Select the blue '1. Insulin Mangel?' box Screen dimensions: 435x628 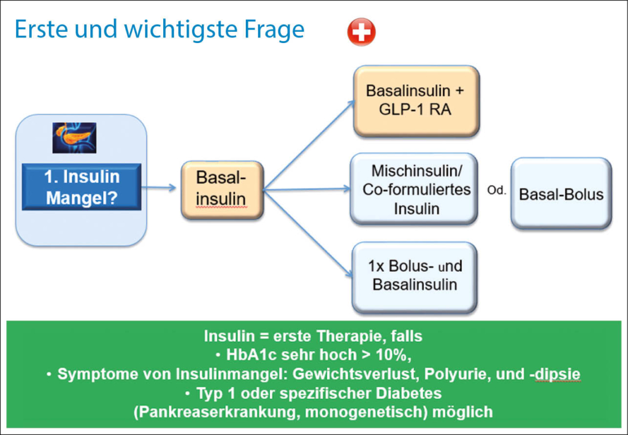(x=82, y=187)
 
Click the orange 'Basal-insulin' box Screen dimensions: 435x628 (x=221, y=189)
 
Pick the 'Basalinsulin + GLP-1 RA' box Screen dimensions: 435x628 (x=415, y=100)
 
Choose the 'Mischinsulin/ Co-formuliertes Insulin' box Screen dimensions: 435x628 (x=415, y=189)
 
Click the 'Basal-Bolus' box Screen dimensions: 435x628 (x=561, y=194)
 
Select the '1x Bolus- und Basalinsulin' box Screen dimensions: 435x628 (x=415, y=276)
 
